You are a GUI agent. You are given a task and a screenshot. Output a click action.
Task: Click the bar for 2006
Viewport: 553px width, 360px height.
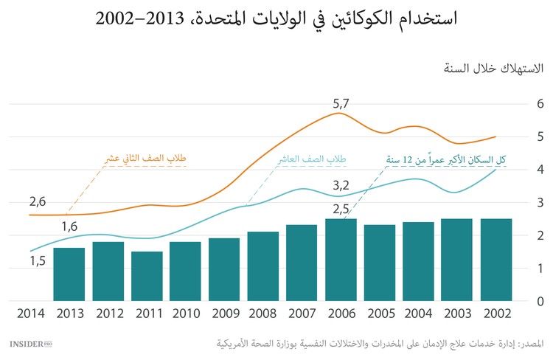[x=341, y=260]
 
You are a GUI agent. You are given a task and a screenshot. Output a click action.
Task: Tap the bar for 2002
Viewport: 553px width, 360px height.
[x=495, y=260]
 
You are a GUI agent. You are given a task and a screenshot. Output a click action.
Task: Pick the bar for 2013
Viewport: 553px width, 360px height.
[x=69, y=274]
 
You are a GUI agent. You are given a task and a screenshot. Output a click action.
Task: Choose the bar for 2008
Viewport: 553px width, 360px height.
[x=262, y=266]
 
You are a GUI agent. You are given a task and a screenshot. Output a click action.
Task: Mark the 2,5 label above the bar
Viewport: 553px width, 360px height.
[x=341, y=209]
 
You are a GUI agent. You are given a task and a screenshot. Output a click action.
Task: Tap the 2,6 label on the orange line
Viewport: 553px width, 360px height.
[x=38, y=201]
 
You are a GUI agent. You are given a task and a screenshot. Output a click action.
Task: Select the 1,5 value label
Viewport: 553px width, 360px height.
[x=38, y=260]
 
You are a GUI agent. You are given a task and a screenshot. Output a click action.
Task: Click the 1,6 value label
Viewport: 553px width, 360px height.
[x=69, y=226]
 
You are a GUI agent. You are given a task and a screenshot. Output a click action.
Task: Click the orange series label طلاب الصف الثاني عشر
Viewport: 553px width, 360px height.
[x=145, y=159]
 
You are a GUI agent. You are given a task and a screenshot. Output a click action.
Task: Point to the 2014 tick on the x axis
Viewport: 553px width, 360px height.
[x=30, y=314]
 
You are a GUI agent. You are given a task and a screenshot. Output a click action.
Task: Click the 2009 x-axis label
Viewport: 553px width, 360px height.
[x=224, y=314]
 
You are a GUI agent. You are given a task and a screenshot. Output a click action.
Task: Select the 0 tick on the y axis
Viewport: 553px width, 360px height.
[x=540, y=301]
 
